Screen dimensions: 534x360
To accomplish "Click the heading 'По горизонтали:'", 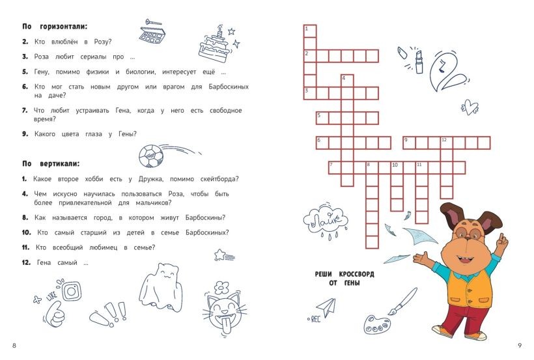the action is pyautogui.click(x=55, y=26).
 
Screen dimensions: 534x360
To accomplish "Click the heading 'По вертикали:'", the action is pyautogui.click(x=51, y=163).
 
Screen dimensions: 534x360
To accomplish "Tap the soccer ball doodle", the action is pyautogui.click(x=151, y=156).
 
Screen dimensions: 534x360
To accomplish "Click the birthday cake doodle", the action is pyautogui.click(x=214, y=45).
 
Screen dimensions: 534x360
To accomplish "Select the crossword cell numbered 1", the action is pyautogui.click(x=310, y=31).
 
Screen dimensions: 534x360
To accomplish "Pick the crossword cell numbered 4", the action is pyautogui.click(x=347, y=81).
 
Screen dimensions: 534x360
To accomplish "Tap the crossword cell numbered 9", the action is pyautogui.click(x=410, y=143).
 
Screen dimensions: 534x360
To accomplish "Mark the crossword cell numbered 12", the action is pyautogui.click(x=447, y=143).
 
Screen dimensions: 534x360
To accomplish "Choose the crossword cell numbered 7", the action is pyautogui.click(x=335, y=167).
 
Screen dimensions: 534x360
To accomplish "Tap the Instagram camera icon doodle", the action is pyautogui.click(x=72, y=291).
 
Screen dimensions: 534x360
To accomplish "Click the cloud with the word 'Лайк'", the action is pyautogui.click(x=325, y=221).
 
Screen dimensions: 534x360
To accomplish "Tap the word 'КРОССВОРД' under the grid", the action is pyautogui.click(x=356, y=274).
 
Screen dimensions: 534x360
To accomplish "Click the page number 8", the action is pyautogui.click(x=14, y=346).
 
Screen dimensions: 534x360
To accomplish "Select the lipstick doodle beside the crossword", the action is pyautogui.click(x=419, y=62).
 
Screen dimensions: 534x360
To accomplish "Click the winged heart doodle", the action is pyautogui.click(x=470, y=107).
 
